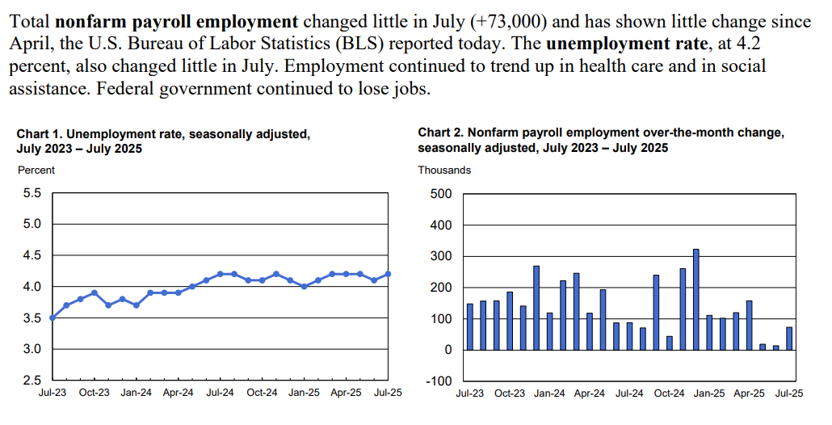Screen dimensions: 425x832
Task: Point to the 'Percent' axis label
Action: coord(36,170)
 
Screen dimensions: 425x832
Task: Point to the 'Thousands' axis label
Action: coord(444,170)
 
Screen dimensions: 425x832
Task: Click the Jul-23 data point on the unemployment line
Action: coord(53,318)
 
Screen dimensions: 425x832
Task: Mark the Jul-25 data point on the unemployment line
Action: coord(388,274)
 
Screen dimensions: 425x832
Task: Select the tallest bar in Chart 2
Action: coord(695,299)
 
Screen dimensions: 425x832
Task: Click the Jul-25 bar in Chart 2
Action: coord(789,339)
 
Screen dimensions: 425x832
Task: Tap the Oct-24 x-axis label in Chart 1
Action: coord(262,393)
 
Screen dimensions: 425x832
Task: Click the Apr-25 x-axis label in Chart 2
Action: coord(749,394)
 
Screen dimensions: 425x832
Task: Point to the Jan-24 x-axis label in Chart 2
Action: coord(549,394)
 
